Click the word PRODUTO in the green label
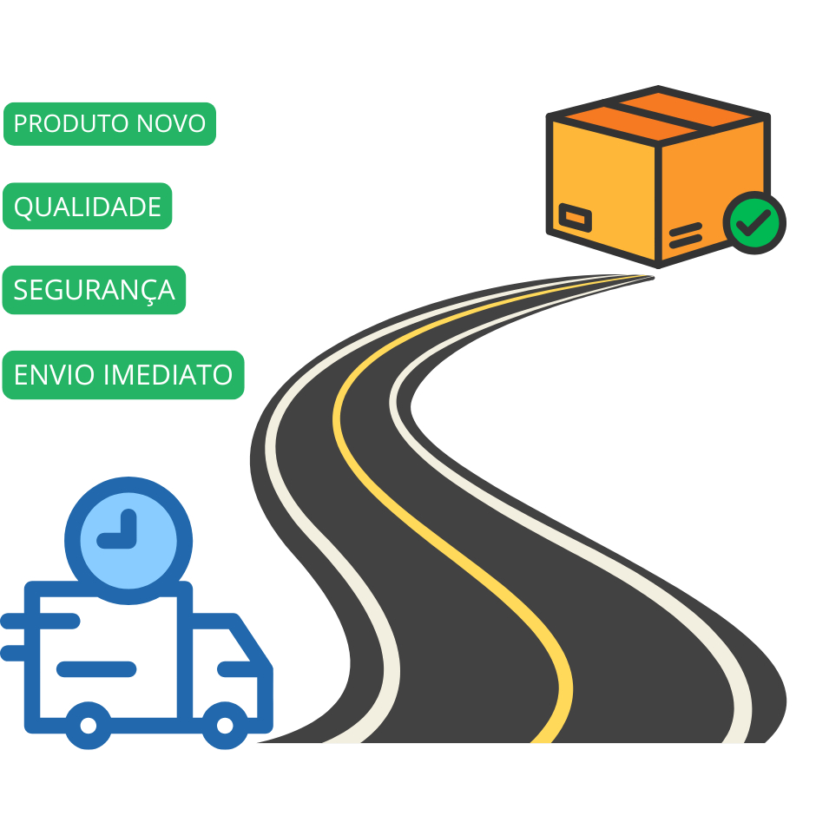pyautogui.click(x=72, y=123)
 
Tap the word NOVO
pyautogui.click(x=171, y=123)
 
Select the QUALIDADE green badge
pyautogui.click(x=88, y=206)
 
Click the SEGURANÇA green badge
pyautogui.click(x=95, y=290)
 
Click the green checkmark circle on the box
pyautogui.click(x=754, y=223)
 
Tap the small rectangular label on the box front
pyautogui.click(x=575, y=218)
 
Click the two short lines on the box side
pyautogui.click(x=686, y=235)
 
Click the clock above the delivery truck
pyautogui.click(x=128, y=540)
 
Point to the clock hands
pyautogui.click(x=121, y=533)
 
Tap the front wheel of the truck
pyautogui.click(x=225, y=726)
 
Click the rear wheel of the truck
pyautogui.click(x=89, y=726)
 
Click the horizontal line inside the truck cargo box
pyautogui.click(x=96, y=668)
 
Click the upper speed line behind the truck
pyautogui.click(x=40, y=621)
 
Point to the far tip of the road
pyautogui.click(x=653, y=278)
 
